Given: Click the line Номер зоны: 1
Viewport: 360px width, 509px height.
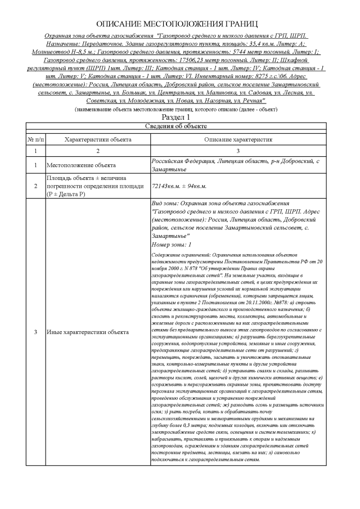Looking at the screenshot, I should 172,245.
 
